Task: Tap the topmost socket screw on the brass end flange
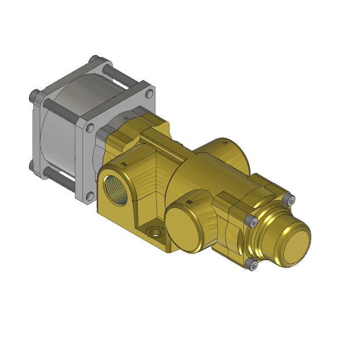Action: click(292, 200)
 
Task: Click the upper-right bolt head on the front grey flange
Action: click(149, 94)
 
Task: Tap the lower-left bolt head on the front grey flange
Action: click(90, 195)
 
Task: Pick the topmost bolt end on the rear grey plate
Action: click(93, 59)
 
